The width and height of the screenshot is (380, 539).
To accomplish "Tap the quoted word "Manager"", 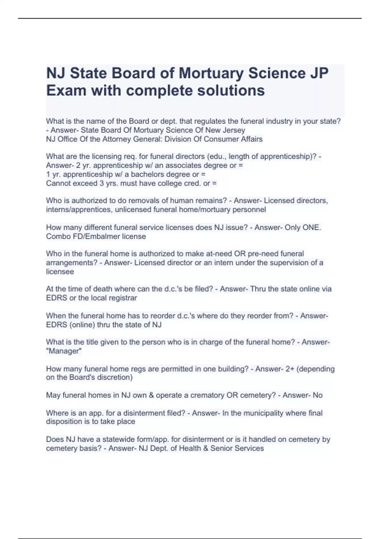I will click(64, 351).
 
